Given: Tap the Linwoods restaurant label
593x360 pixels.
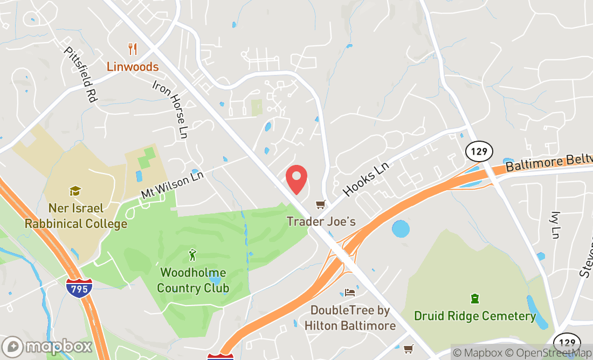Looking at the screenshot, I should [x=133, y=67].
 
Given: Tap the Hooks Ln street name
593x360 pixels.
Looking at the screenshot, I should [x=366, y=179].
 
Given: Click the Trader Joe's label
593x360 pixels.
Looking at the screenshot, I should [x=321, y=221].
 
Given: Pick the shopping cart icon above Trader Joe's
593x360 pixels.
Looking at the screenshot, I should [x=321, y=205].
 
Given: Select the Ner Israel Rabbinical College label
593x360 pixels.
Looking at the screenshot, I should [x=75, y=216].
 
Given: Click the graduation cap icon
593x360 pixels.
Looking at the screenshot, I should [x=75, y=191].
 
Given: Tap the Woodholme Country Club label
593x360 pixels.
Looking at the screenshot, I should [x=192, y=280].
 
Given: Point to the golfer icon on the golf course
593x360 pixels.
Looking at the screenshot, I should [x=192, y=254].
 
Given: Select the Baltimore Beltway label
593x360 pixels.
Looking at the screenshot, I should [x=550, y=163].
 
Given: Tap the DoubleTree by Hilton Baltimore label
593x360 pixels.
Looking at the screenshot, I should [x=350, y=318].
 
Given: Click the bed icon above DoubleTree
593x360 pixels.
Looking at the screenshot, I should [x=350, y=293].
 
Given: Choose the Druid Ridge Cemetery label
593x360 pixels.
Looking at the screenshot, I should [x=475, y=316].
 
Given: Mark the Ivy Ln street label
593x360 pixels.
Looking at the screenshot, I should [x=555, y=225].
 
